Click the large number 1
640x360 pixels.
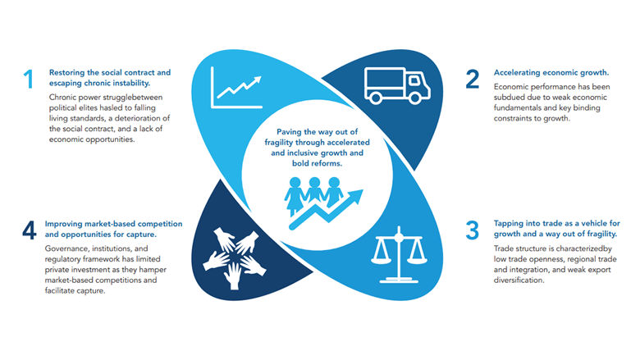(x=29, y=80)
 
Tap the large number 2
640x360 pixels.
(x=472, y=80)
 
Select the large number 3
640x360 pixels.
(x=472, y=230)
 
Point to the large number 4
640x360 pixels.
(x=30, y=231)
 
